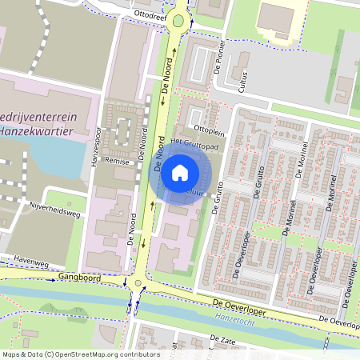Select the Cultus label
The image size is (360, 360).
[x=241, y=78]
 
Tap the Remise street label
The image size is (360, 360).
[x=118, y=160]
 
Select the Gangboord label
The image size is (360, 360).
[x=79, y=276]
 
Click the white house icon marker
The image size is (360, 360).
[x=180, y=171]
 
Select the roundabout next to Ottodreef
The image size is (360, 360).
[x=178, y=22]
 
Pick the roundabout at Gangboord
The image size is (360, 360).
[x=139, y=282]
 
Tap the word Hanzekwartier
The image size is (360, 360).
[x=39, y=130]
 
